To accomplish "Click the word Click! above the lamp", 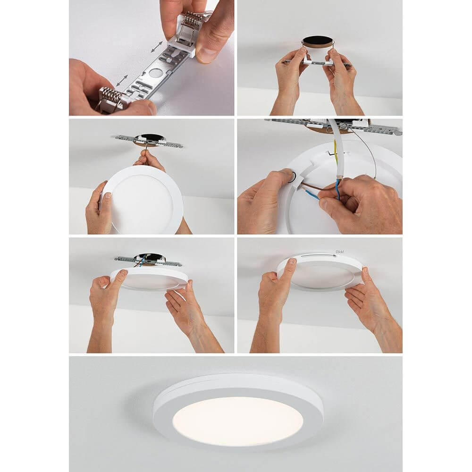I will tap(339, 252).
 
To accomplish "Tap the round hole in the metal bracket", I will tap(154, 74).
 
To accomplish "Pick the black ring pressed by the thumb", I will tap(292, 177).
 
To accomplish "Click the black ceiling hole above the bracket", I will tap(317, 41).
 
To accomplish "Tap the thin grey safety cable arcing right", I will tap(371, 151).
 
